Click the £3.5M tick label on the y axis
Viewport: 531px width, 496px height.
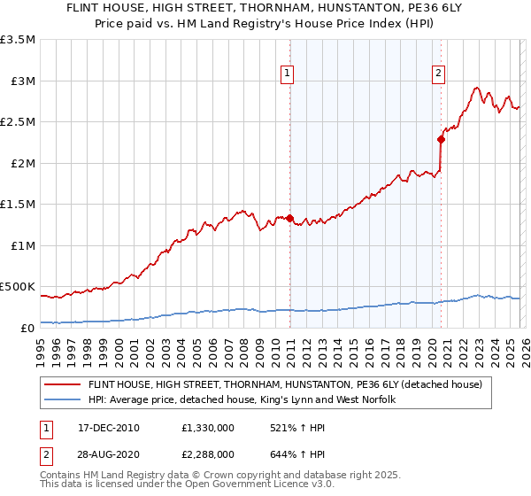18,40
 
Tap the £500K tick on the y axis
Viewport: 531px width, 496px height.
18,287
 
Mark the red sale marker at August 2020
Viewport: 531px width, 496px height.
441,139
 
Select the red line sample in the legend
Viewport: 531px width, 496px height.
63,384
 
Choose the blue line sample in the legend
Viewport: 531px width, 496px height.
63,400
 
